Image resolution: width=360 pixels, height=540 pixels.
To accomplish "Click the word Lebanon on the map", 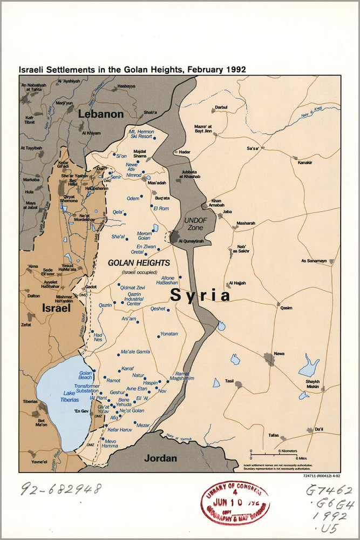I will (x=101, y=114).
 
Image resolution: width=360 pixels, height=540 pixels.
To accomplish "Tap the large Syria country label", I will (x=200, y=295).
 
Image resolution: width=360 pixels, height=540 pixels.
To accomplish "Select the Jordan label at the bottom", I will (x=161, y=458).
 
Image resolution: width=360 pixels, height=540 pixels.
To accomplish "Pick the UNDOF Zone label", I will (x=195, y=224).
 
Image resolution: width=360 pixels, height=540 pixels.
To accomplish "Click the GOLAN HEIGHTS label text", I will (x=139, y=263).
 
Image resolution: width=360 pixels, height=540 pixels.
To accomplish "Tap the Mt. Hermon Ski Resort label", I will (x=141, y=134).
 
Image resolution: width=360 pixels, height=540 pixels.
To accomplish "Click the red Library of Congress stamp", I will (x=235, y=503).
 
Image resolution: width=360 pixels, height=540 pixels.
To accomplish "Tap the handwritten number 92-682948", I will (x=60, y=489).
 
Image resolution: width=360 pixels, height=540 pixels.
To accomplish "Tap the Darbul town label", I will (x=221, y=107).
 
